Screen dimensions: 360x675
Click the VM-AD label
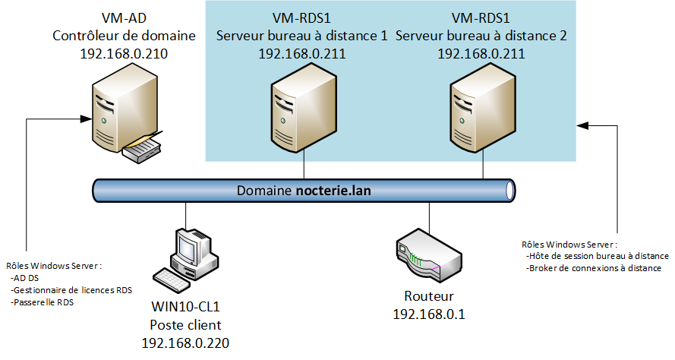pos(124,17)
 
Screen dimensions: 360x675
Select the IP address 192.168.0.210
pos(124,54)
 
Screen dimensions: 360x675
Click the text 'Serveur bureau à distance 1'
pos(302,35)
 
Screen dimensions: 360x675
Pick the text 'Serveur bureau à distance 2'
pos(481,35)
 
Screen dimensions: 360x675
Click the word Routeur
pos(428,296)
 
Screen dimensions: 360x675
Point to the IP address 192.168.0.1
pos(428,314)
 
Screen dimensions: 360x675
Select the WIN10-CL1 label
pos(185,308)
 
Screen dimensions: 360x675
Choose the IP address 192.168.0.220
pos(185,343)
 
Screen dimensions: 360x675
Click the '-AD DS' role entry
pos(27,278)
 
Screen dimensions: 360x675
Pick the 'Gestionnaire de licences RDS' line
pos(67,290)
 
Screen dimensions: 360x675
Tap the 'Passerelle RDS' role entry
pos(43,302)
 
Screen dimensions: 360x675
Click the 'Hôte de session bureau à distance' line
pos(597,257)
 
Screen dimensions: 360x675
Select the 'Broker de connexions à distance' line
pos(593,268)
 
